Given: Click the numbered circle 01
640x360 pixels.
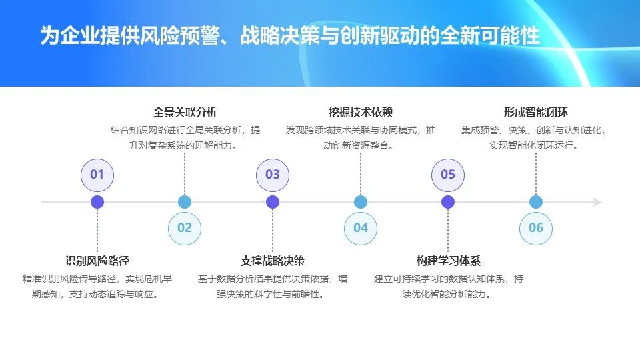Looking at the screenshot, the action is tap(97, 175).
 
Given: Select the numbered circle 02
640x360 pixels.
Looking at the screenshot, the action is tap(185, 228).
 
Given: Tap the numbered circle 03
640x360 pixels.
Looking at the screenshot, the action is tap(273, 175).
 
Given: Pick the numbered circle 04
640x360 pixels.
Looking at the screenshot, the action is tap(361, 228).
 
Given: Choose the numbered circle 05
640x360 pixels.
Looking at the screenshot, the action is tap(448, 175).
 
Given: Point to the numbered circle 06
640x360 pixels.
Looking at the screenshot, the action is tap(536, 228).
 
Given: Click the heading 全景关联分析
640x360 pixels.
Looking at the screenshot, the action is tap(185, 112).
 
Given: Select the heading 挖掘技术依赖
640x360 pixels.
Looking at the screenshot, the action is tap(361, 112).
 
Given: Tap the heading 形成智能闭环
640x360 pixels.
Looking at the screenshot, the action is tap(536, 112).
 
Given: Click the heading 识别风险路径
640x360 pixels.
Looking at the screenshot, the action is tap(97, 261).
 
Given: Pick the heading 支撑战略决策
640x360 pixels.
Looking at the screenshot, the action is tap(273, 261).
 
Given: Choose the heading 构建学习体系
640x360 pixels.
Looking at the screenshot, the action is tap(448, 261).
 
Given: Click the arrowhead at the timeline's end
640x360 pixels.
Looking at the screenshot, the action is tap(597, 202).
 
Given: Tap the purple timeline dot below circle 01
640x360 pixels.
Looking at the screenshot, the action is tap(97, 202).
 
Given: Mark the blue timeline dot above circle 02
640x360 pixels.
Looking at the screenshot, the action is tap(185, 202).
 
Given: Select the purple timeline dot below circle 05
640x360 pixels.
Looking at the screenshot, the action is tap(448, 202).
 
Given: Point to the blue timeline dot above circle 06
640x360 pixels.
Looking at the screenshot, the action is tap(536, 202).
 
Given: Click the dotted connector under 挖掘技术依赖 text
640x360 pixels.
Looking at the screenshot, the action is tap(361, 173).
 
